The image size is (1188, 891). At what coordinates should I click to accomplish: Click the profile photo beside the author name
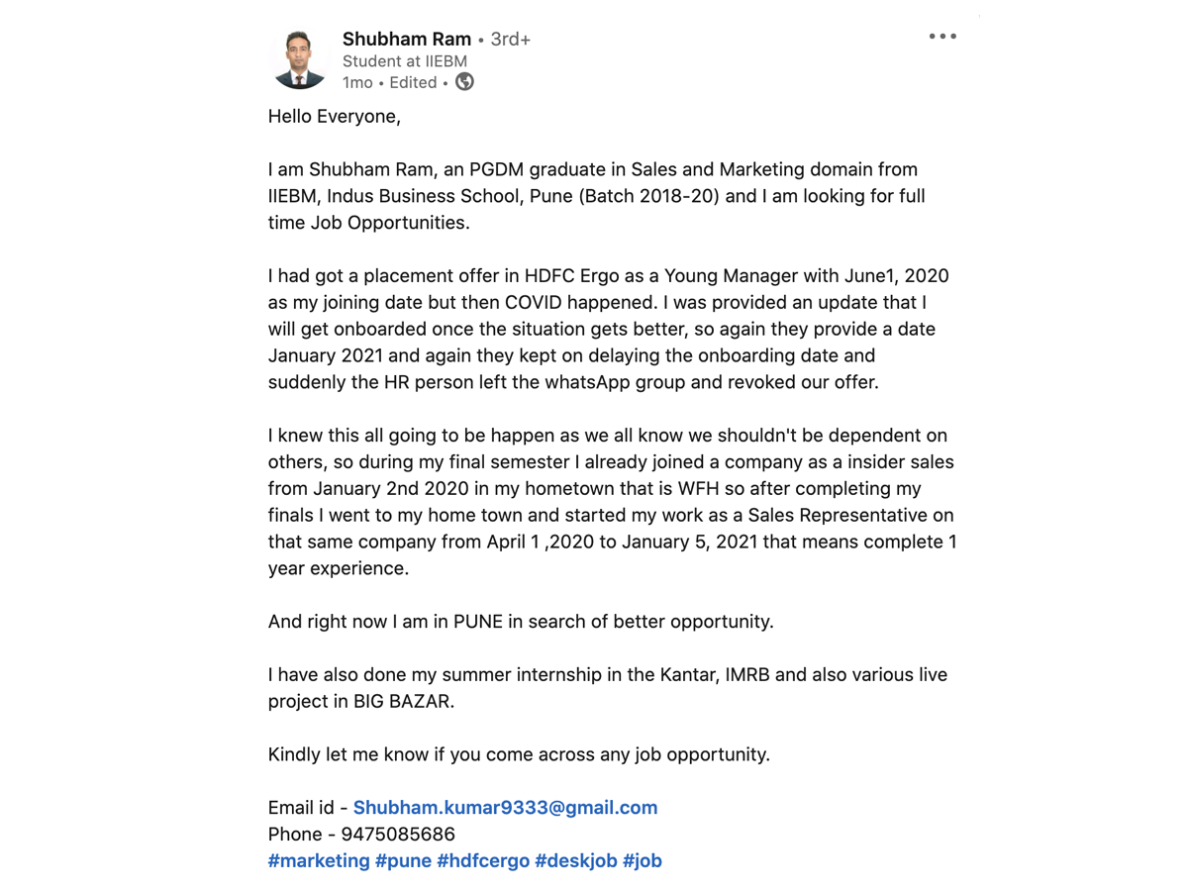click(299, 59)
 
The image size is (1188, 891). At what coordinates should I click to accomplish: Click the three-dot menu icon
click(942, 37)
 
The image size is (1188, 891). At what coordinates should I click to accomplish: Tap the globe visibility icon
click(464, 82)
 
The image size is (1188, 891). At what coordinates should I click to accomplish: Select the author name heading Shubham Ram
click(406, 40)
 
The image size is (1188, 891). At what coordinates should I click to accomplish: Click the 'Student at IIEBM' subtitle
click(404, 61)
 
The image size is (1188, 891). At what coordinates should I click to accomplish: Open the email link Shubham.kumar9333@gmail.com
click(505, 808)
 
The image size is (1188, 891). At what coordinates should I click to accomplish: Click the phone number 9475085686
click(398, 835)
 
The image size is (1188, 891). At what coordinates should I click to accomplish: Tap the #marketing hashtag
click(319, 861)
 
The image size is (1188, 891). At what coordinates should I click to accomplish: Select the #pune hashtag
click(403, 861)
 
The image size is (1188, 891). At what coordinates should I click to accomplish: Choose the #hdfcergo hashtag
click(483, 861)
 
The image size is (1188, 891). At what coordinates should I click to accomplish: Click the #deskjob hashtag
click(576, 861)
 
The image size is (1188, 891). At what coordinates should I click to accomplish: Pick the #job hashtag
click(643, 861)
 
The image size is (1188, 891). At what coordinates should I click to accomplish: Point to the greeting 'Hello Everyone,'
click(335, 117)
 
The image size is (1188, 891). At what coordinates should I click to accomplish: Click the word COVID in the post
click(536, 303)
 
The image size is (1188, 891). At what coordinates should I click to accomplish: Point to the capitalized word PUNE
click(478, 622)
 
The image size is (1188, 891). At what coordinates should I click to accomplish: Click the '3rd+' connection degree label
click(511, 40)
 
